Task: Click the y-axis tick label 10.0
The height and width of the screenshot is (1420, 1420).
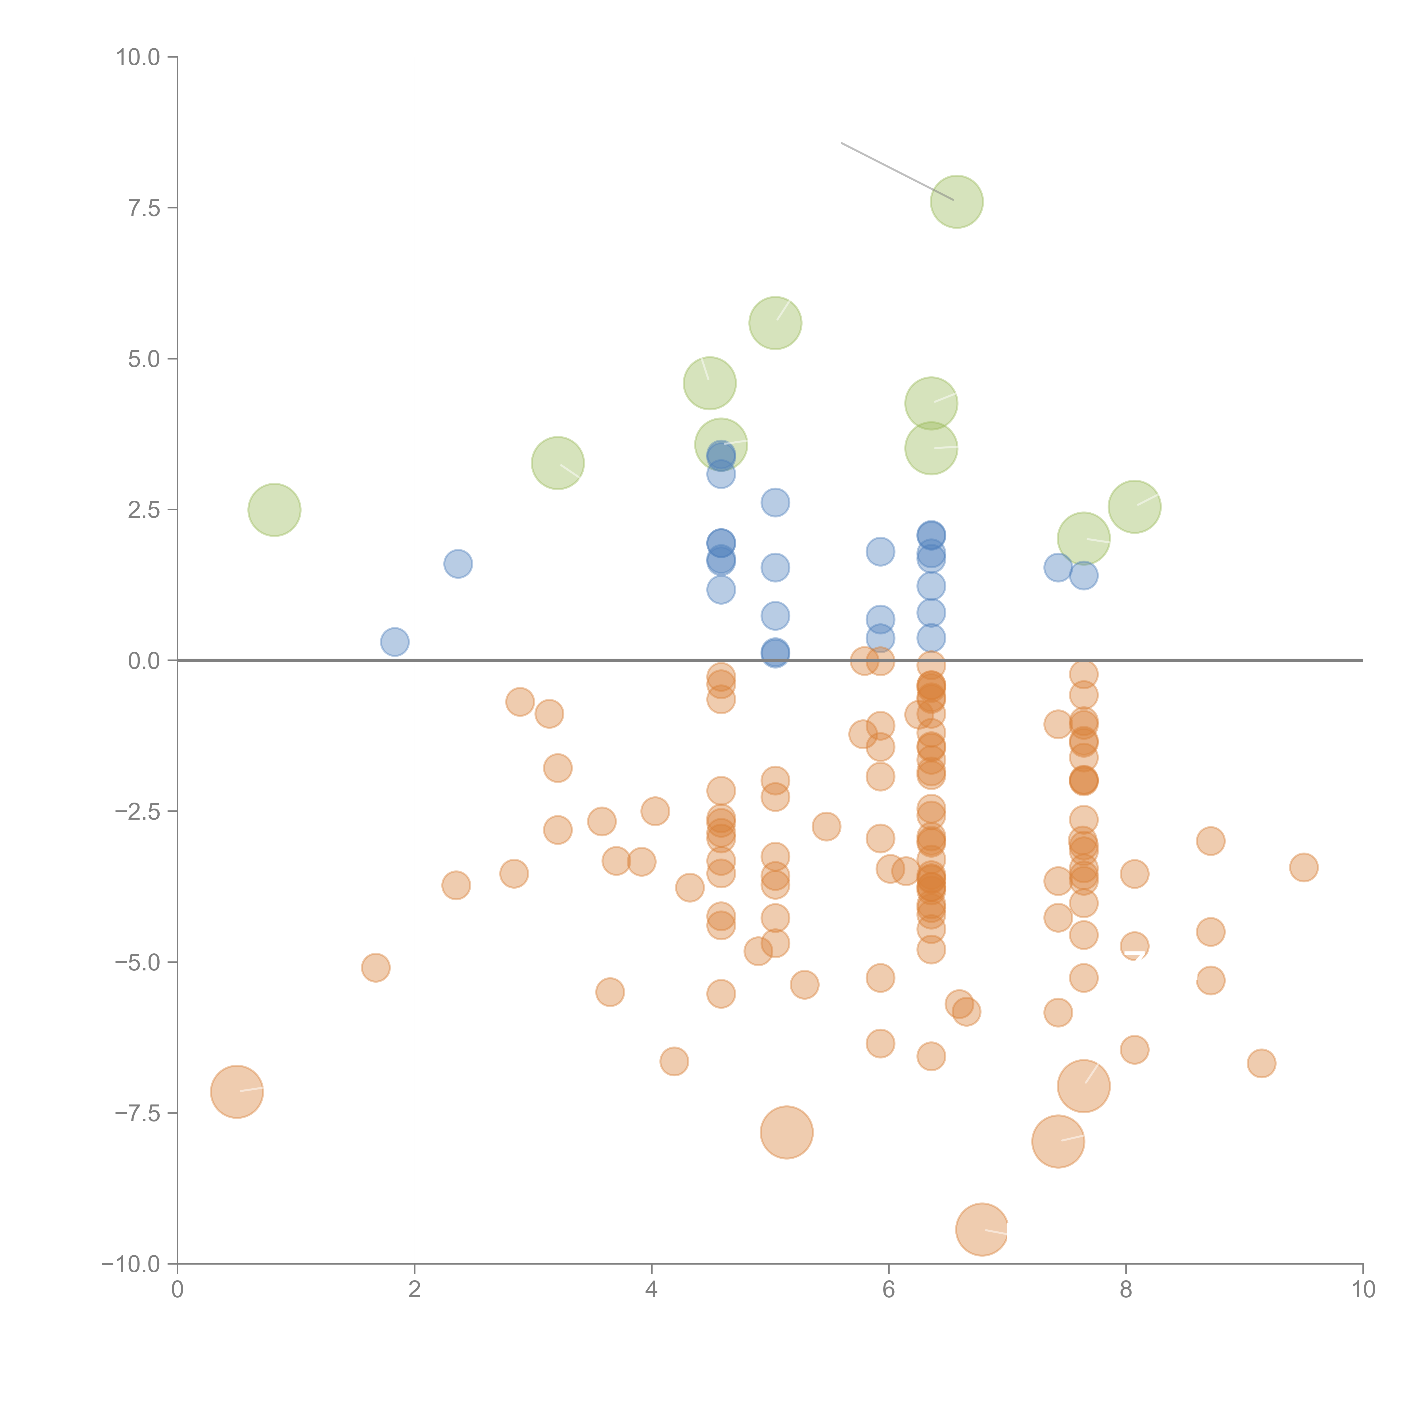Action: (x=138, y=57)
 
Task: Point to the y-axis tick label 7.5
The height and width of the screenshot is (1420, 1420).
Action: (x=144, y=208)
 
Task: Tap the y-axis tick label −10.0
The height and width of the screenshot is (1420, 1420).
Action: (x=131, y=1264)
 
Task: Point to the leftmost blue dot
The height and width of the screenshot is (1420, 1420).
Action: (x=395, y=642)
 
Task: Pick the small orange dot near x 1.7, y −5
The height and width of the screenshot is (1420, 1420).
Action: (x=375, y=967)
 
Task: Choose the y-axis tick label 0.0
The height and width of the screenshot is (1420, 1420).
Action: (x=144, y=661)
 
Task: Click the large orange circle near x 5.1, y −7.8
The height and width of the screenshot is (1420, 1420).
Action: (x=786, y=1132)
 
